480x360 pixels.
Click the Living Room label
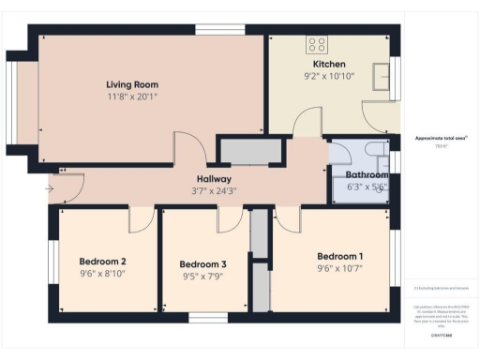(130, 83)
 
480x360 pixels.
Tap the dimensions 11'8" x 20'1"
(130, 96)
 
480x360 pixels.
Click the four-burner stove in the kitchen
(316, 43)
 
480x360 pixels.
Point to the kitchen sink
(382, 75)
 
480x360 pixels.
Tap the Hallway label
(214, 179)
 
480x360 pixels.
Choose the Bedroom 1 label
(339, 257)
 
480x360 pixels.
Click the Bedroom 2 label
(103, 261)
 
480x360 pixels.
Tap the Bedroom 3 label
(203, 264)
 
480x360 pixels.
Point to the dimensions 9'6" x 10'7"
(339, 269)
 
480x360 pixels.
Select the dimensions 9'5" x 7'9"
(203, 277)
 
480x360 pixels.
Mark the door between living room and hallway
(189, 150)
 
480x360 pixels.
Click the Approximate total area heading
(441, 138)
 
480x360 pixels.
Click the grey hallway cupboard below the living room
(250, 151)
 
